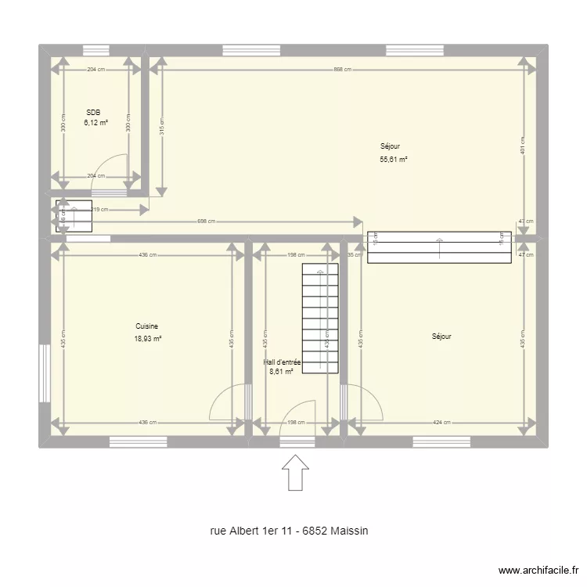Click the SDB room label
click(93, 112)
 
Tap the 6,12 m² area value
click(96, 123)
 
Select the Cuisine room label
click(147, 326)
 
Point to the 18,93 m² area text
click(147, 339)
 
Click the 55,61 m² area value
click(394, 159)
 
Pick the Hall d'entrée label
click(283, 362)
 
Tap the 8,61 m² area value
click(281, 372)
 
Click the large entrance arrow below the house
click(294, 473)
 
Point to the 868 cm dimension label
click(342, 69)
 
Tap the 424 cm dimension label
click(442, 423)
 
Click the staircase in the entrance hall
click(320, 319)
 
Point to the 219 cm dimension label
click(100, 210)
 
